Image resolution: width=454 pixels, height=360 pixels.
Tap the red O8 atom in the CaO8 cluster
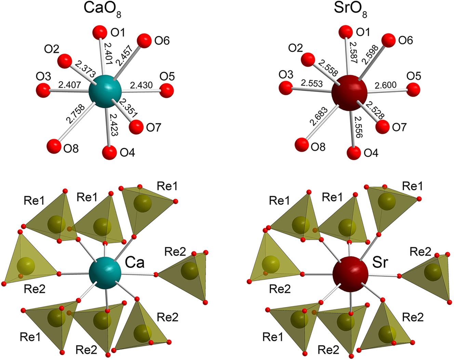pos(54,146)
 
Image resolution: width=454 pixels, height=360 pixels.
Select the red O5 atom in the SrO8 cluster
pos(413,90)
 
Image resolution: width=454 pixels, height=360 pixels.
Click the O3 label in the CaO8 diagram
pos(43,75)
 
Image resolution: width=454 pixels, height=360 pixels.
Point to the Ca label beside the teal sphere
pos(134,262)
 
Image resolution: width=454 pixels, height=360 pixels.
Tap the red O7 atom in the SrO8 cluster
pos(382,127)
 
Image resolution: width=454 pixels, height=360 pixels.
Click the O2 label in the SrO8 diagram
pos(295,48)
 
